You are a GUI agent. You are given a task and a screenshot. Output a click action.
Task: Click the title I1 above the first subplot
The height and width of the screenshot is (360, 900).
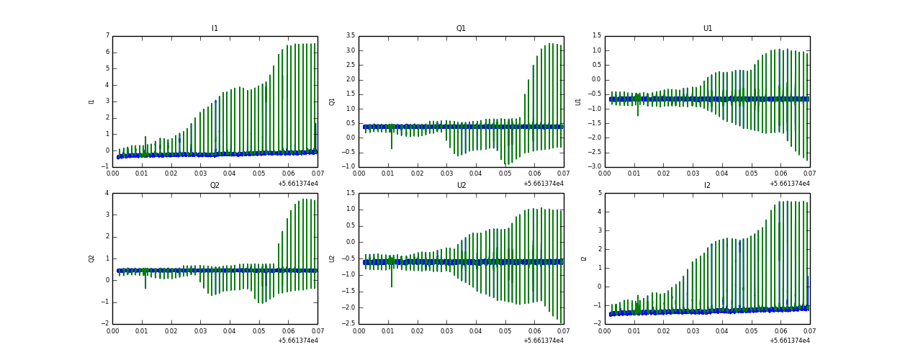tap(215, 29)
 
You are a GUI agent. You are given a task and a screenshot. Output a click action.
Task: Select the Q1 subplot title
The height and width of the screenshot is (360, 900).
tap(461, 29)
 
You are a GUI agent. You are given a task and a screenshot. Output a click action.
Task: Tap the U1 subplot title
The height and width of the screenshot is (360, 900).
tap(707, 29)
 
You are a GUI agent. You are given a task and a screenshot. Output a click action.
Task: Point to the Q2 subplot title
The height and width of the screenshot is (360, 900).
tap(215, 185)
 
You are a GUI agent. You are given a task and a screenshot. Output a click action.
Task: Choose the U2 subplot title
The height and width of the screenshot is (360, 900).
tap(461, 185)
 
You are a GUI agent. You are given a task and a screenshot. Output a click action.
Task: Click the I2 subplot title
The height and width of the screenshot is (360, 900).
tap(707, 185)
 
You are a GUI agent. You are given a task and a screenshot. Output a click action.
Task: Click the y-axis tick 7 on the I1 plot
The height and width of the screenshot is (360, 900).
tap(107, 35)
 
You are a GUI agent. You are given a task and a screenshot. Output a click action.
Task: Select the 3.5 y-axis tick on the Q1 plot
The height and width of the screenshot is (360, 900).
tap(349, 35)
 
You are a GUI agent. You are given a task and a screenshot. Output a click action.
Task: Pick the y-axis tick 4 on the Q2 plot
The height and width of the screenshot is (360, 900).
tap(107, 193)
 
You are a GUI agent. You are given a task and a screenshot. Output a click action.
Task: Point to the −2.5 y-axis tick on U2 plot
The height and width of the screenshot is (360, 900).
tap(348, 323)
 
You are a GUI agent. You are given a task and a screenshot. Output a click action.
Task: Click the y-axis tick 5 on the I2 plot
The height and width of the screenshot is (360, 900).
tap(599, 193)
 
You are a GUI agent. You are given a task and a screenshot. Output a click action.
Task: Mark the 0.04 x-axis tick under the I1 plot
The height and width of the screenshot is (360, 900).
tap(230, 174)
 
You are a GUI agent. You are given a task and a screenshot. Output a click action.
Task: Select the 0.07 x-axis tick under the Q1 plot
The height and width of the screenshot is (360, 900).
tap(563, 174)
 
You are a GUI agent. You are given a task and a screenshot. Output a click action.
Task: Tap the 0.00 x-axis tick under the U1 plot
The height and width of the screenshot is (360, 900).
tap(605, 174)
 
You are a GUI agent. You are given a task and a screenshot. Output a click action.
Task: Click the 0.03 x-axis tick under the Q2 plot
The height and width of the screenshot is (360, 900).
tap(200, 330)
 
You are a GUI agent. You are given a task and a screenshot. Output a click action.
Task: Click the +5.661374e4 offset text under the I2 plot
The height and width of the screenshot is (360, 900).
tap(789, 340)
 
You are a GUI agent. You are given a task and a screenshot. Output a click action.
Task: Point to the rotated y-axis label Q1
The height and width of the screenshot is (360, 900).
tap(332, 102)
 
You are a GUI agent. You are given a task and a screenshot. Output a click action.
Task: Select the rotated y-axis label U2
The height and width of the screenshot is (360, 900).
tap(332, 258)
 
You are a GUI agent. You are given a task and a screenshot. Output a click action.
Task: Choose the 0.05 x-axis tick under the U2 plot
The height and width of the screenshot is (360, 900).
tap(505, 330)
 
